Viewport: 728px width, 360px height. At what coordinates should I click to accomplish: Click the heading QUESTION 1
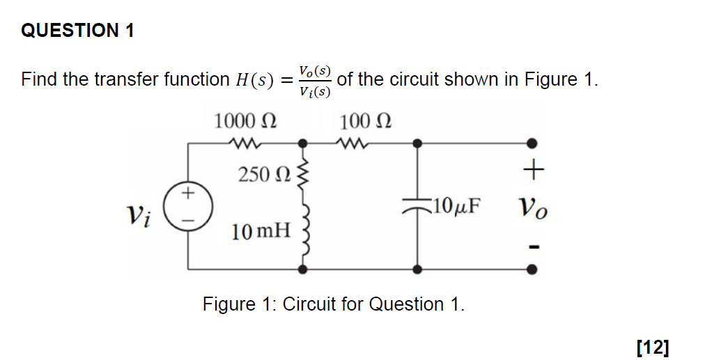pyautogui.click(x=77, y=31)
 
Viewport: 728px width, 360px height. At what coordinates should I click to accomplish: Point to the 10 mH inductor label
pyautogui.click(x=261, y=230)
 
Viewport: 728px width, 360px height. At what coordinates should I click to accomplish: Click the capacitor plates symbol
pyautogui.click(x=417, y=206)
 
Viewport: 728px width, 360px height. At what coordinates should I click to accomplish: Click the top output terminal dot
pyautogui.click(x=532, y=144)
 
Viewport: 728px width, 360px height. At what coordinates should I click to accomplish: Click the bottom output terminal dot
pyautogui.click(x=532, y=269)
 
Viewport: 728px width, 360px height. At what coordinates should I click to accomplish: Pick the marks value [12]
pyautogui.click(x=653, y=346)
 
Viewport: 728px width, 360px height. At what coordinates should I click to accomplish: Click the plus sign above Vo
pyautogui.click(x=532, y=169)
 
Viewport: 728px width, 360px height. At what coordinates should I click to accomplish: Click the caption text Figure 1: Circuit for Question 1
pyautogui.click(x=333, y=304)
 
